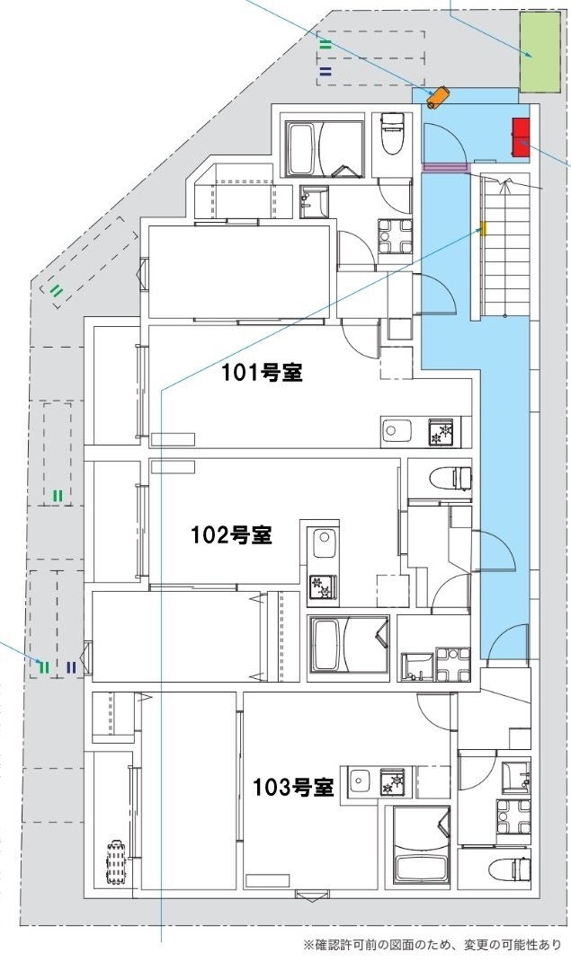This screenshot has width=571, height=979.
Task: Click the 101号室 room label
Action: (262, 373)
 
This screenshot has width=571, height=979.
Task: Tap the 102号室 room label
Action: (231, 535)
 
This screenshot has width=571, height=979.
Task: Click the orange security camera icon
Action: (439, 96)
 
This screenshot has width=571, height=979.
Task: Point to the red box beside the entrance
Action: (521, 137)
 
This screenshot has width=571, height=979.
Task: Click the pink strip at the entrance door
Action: (447, 166)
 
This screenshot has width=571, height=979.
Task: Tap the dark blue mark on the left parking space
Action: (70, 666)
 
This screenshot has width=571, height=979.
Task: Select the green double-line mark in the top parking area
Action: (326, 43)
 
